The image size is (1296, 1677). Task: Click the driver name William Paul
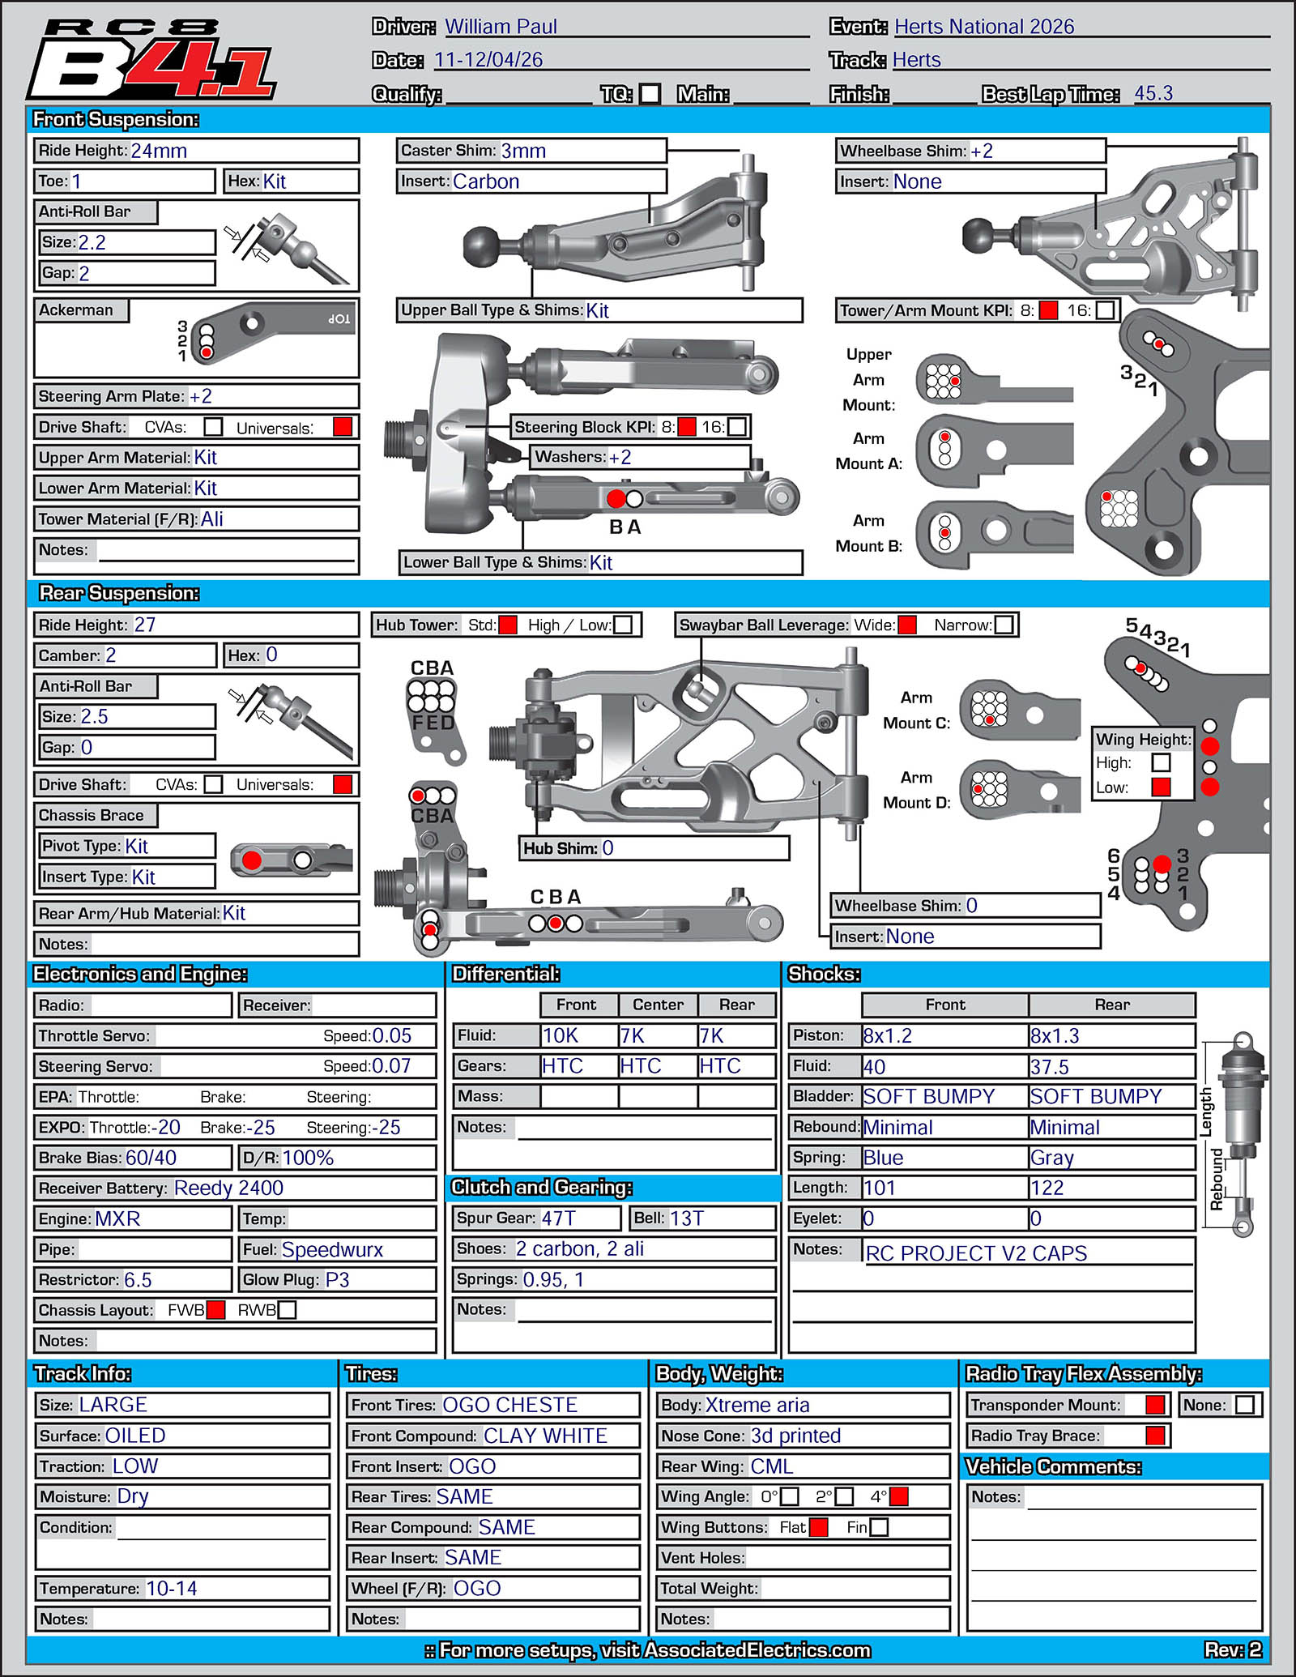tap(501, 27)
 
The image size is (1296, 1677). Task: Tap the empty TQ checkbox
tap(650, 94)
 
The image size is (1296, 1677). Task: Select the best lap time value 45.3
tap(1153, 93)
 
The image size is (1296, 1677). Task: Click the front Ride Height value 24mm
tap(159, 151)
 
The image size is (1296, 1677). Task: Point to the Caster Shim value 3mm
tap(523, 151)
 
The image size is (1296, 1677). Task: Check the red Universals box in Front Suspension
tap(343, 427)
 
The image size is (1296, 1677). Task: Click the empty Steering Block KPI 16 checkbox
tap(736, 426)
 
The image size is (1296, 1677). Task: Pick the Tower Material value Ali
tap(212, 518)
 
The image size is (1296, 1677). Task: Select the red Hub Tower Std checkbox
tap(508, 625)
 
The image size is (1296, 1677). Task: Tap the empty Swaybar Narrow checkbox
tap(1004, 625)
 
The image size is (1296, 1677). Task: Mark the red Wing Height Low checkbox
tap(1161, 787)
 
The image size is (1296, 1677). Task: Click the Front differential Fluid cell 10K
tap(561, 1035)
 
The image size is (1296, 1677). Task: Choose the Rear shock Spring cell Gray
tap(1051, 1158)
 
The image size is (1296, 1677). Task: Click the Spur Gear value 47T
tap(559, 1218)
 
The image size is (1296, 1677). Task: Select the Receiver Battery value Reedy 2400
tap(229, 1188)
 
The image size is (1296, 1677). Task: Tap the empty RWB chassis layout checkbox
tap(287, 1310)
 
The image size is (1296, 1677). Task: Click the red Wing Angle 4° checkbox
tap(898, 1496)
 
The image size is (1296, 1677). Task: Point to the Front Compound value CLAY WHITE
tap(545, 1436)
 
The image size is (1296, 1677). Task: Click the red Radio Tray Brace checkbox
tap(1156, 1436)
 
